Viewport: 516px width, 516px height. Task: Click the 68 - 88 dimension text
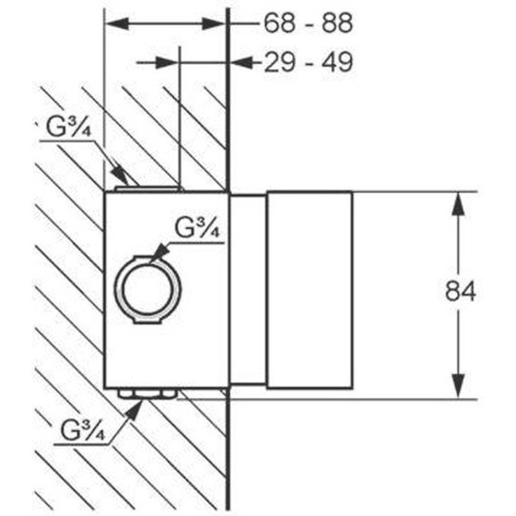coord(309,23)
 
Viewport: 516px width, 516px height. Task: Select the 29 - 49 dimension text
coord(309,62)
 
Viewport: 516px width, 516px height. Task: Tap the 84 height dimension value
coord(461,291)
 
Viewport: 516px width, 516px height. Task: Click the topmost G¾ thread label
coord(68,128)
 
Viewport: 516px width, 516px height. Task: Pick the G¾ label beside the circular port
coord(196,228)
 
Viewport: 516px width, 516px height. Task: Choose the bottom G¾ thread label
coord(82,430)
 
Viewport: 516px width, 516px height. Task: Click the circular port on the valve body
coord(147,290)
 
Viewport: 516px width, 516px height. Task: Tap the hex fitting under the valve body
coord(147,394)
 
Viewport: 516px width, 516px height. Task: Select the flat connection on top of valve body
coord(148,188)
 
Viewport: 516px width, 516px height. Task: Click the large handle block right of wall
coord(310,290)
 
